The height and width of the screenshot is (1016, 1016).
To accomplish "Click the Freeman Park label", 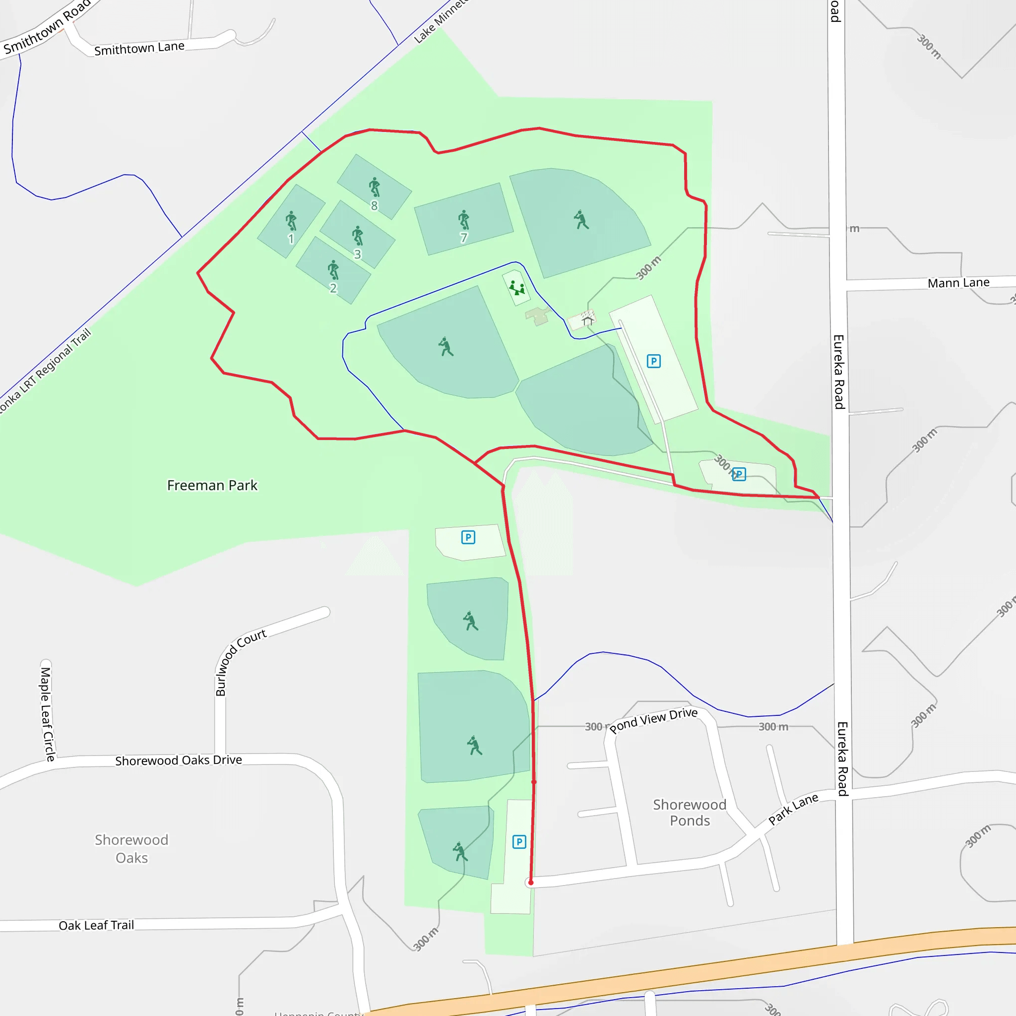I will pos(212,485).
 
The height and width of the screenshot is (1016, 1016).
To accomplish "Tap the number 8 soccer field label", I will pos(374,205).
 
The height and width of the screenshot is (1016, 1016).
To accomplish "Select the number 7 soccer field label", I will pos(463,238).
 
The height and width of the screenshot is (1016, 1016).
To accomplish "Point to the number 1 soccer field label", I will pos(291,239).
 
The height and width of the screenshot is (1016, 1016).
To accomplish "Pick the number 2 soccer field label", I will pos(333,288).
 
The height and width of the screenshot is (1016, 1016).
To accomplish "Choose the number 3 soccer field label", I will pos(358,254).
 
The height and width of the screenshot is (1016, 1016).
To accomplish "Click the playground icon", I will pos(516,288).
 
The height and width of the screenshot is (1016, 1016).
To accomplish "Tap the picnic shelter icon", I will pos(587,318).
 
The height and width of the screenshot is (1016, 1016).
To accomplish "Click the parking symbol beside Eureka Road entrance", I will pos(739,474).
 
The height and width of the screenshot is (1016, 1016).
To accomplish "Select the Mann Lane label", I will pos(958,283).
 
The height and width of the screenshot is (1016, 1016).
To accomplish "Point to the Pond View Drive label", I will pos(654,720).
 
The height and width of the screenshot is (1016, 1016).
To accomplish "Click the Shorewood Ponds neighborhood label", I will pos(690,813).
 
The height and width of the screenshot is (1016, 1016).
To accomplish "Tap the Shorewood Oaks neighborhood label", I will pos(131,848).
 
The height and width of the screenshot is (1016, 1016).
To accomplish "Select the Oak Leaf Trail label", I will pos(96,925).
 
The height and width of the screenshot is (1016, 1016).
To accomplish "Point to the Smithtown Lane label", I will pos(139,49).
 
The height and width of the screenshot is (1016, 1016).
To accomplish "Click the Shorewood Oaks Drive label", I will pos(178,761).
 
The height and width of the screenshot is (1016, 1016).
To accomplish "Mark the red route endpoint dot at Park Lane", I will pos(531,883).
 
